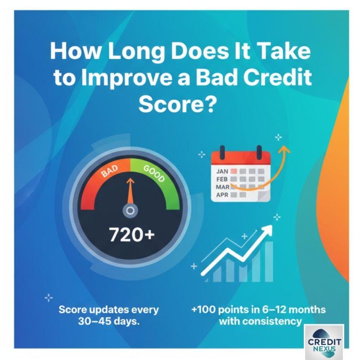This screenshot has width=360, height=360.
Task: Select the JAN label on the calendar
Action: [222, 171]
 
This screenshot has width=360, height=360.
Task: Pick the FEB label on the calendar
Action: [222, 179]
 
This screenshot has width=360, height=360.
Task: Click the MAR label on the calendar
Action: [222, 187]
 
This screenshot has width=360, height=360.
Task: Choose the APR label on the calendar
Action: [222, 195]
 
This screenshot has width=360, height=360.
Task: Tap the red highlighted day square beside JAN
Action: [233, 171]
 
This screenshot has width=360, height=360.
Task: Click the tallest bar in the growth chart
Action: [269, 261]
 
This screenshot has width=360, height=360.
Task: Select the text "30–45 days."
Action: [109, 321]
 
